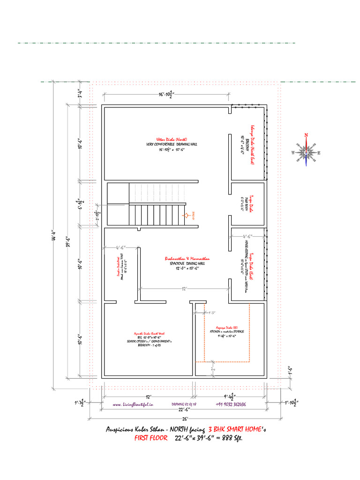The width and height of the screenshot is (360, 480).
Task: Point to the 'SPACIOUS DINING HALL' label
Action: (x=187, y=263)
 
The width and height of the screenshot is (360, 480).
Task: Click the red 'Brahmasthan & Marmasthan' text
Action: (x=187, y=258)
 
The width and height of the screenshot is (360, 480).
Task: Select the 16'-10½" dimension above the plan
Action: (x=165, y=95)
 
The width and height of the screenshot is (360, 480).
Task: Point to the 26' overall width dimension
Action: (x=184, y=418)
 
